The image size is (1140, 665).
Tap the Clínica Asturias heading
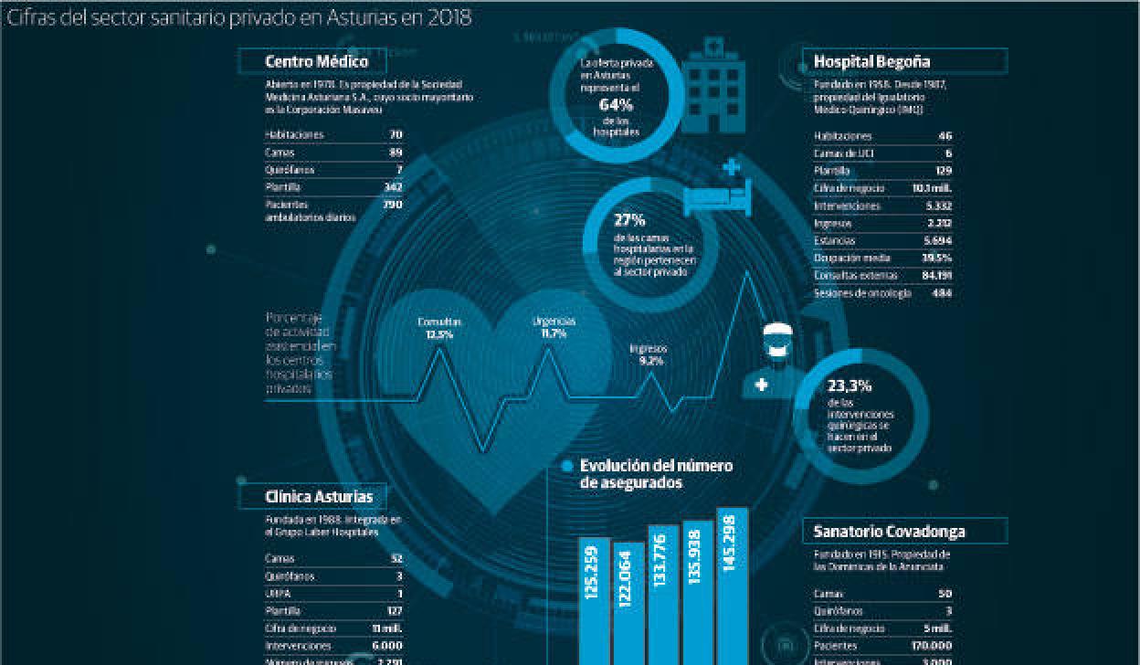click(319, 497)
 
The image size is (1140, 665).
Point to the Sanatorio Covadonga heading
click(889, 531)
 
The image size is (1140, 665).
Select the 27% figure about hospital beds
click(629, 220)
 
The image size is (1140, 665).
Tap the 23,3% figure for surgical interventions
click(850, 385)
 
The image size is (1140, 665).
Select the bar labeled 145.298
click(733, 586)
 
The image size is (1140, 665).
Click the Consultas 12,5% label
click(439, 328)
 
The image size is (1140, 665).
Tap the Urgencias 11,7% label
click(554, 327)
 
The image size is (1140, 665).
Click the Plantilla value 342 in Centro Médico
click(394, 186)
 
